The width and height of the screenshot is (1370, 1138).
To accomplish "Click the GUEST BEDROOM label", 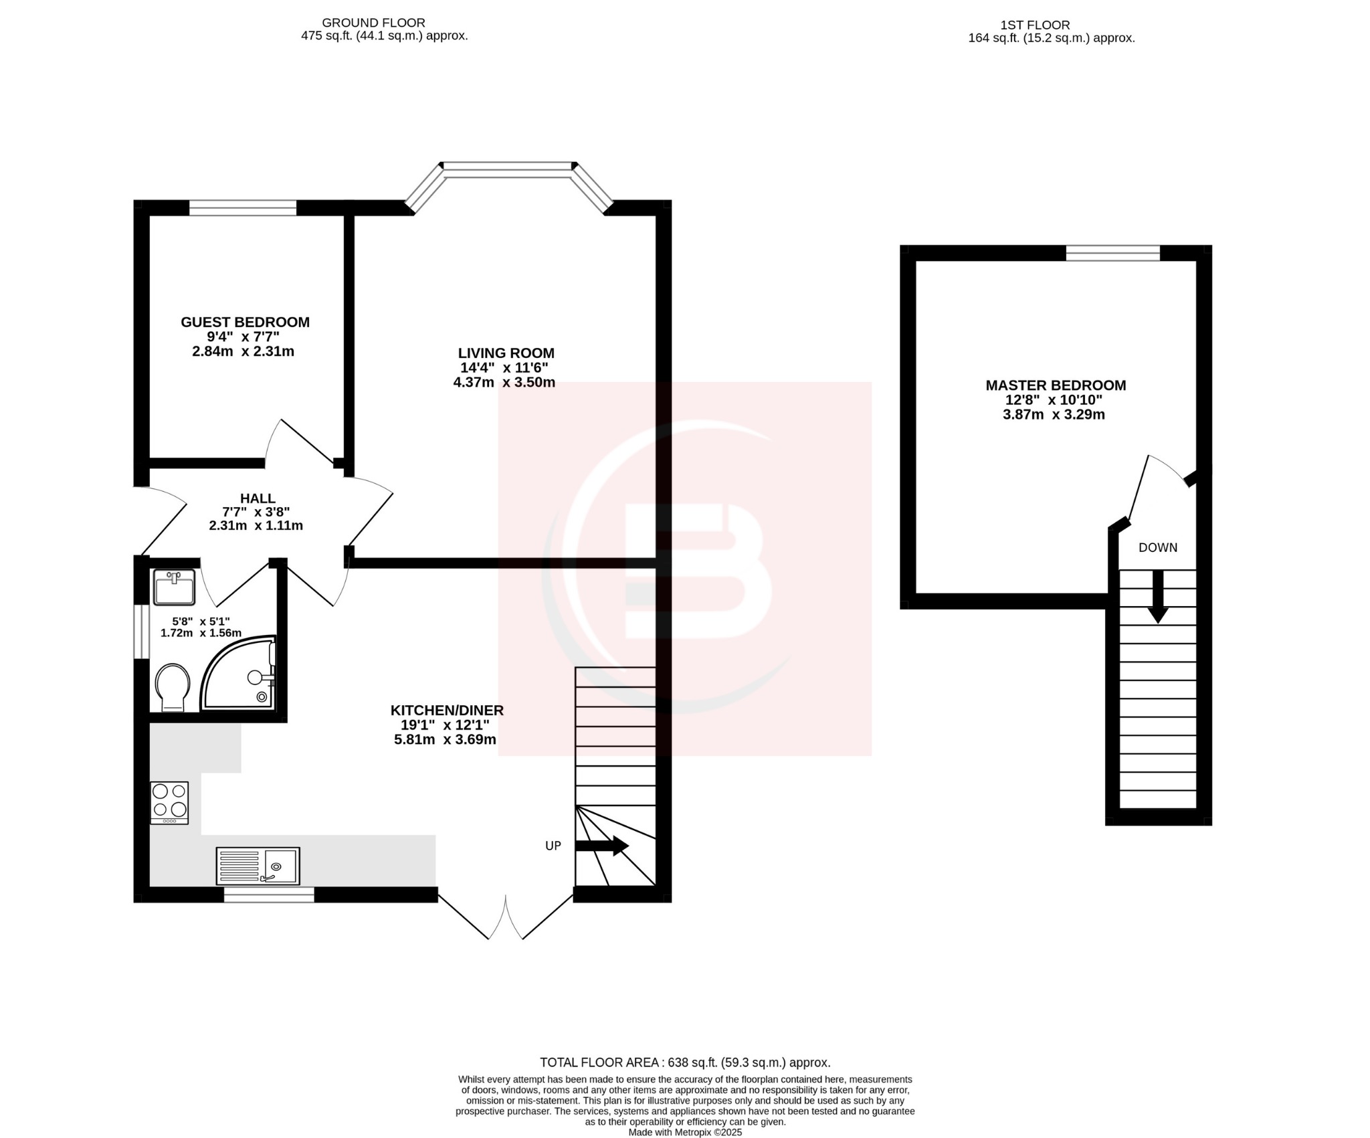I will tap(245, 322).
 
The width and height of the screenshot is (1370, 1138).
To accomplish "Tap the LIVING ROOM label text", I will tap(506, 353).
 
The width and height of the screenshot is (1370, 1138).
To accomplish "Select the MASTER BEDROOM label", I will tap(1055, 385).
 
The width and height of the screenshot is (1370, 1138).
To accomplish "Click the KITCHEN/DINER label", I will tap(446, 710).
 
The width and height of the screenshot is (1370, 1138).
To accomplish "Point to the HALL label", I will tap(258, 498).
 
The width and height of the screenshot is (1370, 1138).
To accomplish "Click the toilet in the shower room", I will tap(173, 686).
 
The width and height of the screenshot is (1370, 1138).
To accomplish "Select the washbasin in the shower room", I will tap(174, 587).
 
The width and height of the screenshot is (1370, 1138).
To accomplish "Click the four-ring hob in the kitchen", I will tap(169, 802).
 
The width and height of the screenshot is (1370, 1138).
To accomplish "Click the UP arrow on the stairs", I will tap(601, 846).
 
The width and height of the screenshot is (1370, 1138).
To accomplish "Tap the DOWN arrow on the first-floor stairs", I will tap(1157, 597).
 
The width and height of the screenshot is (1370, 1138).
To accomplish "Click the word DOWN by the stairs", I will tap(1157, 547).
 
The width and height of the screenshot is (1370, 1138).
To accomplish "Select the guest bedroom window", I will tap(242, 207).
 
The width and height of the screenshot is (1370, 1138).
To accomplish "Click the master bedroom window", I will tap(1112, 253).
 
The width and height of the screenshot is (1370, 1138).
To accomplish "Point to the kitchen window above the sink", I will tap(268, 894).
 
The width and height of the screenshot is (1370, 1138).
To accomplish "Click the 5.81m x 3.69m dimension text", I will tap(445, 739).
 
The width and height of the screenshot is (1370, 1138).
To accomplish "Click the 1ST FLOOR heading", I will tap(1034, 25).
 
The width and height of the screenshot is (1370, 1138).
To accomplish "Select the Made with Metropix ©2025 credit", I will tap(684, 1132).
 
